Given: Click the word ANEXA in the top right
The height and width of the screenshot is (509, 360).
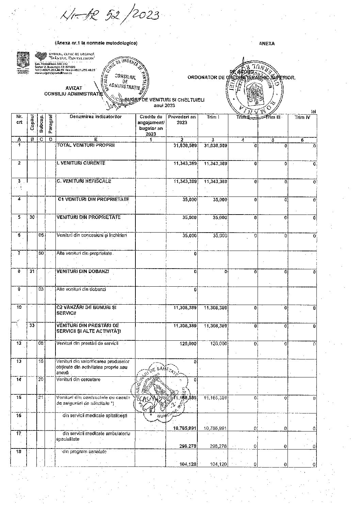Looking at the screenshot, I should click(267, 44).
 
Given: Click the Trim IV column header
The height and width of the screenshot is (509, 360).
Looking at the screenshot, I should click(301, 117).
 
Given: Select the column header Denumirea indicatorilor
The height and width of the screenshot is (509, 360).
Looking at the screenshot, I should click(96, 117).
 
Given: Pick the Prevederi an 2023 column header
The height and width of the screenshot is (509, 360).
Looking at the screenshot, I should click(182, 120).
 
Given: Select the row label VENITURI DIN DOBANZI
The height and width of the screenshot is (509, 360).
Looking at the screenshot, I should click(83, 272).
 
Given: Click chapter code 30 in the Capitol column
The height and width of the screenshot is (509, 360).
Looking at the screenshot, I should click(32, 217).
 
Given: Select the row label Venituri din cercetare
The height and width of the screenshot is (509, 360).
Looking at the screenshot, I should click(79, 379).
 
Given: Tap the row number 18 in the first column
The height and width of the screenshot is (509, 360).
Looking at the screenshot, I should click(19, 452).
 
